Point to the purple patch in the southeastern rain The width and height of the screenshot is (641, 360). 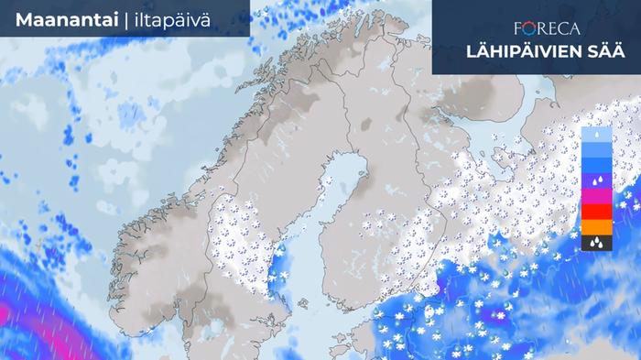point(513,316)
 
